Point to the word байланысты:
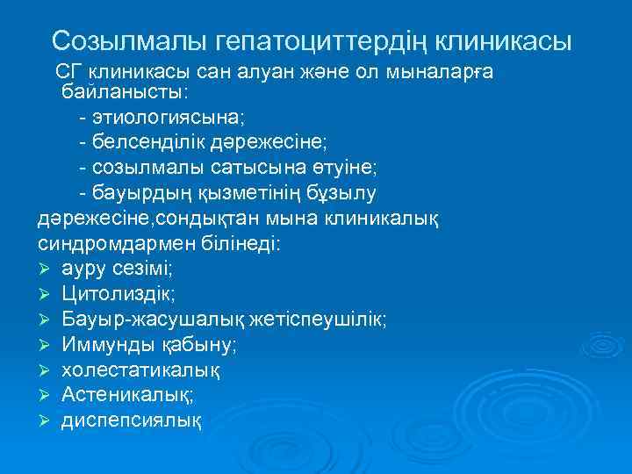[x=126, y=91]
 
